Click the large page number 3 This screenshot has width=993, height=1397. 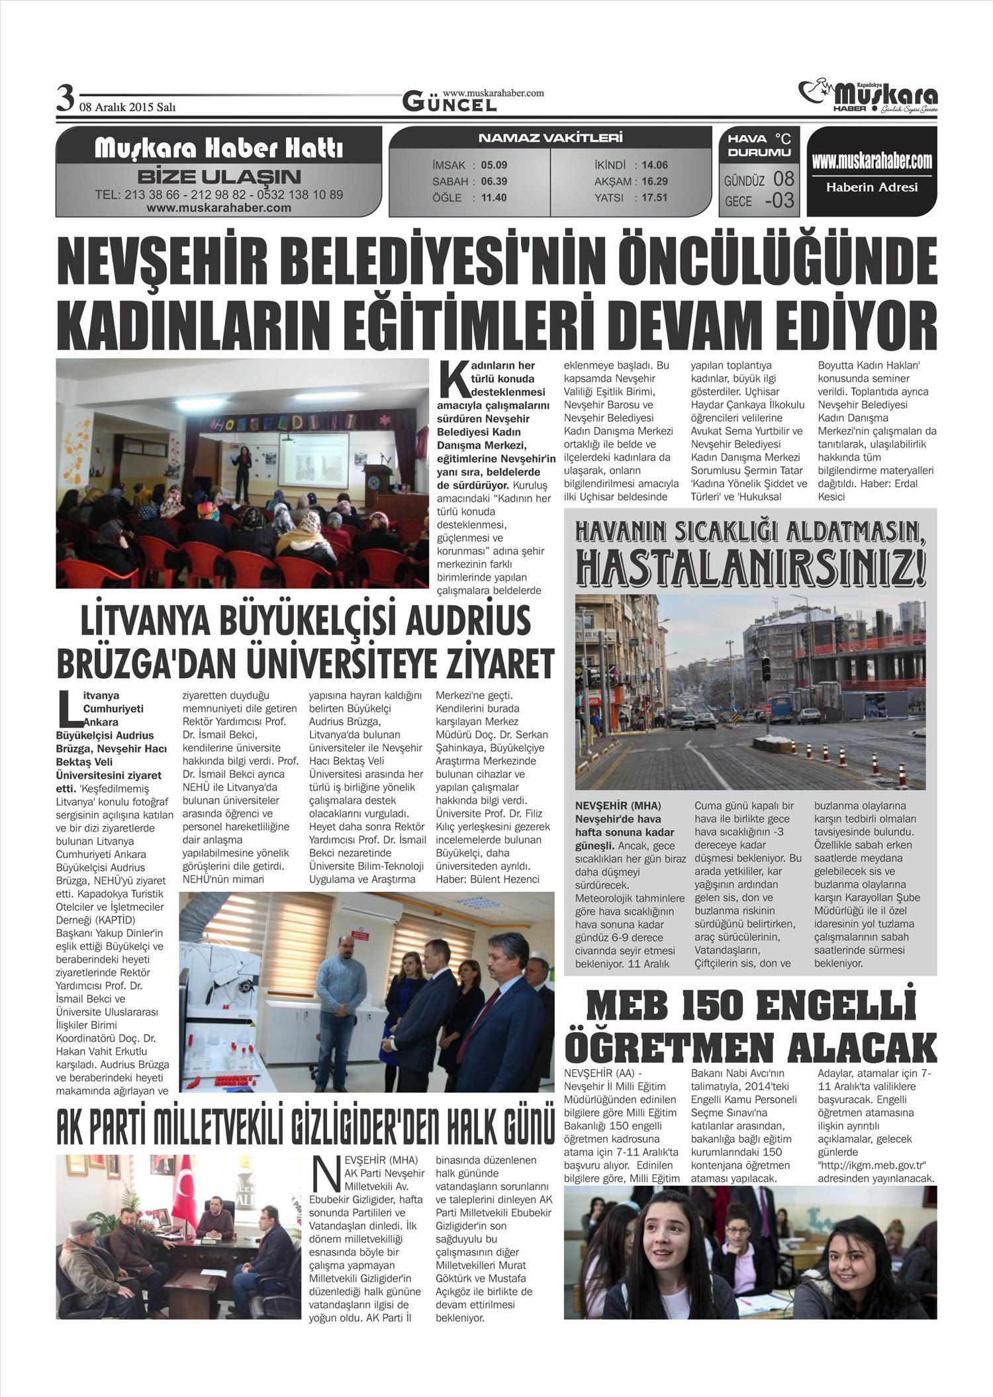pyautogui.click(x=65, y=99)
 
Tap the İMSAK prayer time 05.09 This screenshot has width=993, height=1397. pyautogui.click(x=494, y=165)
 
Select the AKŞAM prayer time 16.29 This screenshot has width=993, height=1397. pyautogui.click(x=654, y=181)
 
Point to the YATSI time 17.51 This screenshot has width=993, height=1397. pyautogui.click(x=654, y=197)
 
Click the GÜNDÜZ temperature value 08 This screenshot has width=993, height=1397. pyautogui.click(x=783, y=179)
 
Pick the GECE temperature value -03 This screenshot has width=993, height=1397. pyautogui.click(x=779, y=200)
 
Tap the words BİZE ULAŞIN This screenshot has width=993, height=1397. pyautogui.click(x=218, y=177)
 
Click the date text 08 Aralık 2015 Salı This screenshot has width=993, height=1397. pyautogui.click(x=127, y=107)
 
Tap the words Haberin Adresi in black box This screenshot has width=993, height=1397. pyautogui.click(x=872, y=187)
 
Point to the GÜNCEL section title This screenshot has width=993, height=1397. pyautogui.click(x=449, y=103)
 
